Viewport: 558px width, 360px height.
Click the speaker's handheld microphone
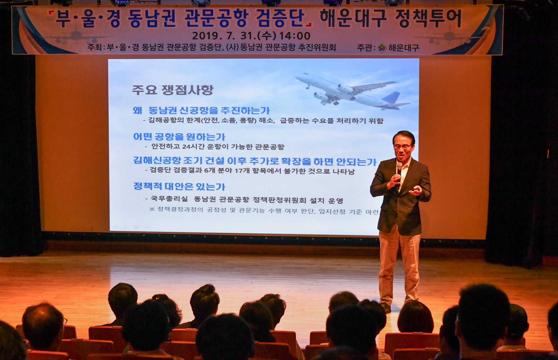399,169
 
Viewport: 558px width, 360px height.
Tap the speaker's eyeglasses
402,147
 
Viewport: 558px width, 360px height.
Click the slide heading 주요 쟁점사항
173,90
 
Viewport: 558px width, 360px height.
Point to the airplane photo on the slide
352,91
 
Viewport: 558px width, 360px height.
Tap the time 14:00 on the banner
295,36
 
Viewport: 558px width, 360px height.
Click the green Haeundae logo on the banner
382,48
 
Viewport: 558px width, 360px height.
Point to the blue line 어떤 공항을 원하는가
179,137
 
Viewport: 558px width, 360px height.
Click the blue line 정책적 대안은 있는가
179,187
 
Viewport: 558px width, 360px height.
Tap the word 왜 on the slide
137,110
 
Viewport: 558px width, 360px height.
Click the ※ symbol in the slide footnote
152,209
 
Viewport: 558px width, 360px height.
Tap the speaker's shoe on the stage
386,307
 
